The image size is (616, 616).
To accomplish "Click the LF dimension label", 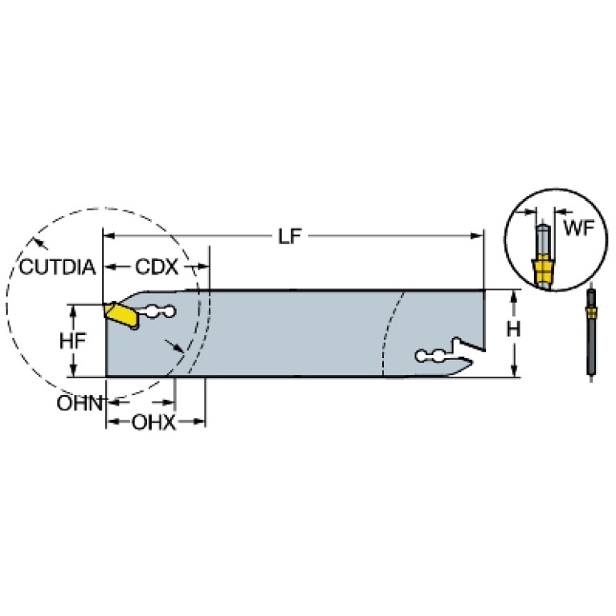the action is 290,236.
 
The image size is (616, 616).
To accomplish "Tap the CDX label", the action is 157,267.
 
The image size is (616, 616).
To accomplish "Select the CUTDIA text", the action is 57,267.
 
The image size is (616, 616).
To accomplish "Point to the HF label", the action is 72,341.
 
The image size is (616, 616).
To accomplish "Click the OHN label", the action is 80,403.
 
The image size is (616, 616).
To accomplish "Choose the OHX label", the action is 153,422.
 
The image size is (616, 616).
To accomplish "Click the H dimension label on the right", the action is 513,329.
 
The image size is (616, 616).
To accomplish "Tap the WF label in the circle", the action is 579,228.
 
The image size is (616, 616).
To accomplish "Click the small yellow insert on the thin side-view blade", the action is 591,312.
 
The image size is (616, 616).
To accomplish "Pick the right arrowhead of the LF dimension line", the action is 476,236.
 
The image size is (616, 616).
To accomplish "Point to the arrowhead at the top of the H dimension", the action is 513,297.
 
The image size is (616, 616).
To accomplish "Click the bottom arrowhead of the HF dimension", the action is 72,370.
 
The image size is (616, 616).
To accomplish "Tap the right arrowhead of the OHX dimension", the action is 199,422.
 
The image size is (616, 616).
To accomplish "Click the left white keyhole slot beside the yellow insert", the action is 157,312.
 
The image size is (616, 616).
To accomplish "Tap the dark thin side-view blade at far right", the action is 591,332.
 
